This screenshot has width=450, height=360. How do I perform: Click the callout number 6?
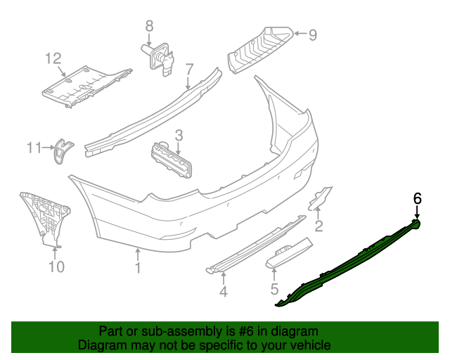click(x=417, y=199)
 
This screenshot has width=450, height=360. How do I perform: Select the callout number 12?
click(x=54, y=58)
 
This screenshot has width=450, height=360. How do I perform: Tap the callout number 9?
click(x=313, y=33)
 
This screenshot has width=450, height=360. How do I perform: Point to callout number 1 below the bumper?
click(x=138, y=268)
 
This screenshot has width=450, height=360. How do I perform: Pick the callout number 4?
click(x=223, y=291)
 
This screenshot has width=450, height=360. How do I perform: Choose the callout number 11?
click(x=34, y=148)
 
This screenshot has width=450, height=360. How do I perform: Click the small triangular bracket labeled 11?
click(x=63, y=150)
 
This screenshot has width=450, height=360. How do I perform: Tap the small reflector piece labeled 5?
click(x=289, y=252)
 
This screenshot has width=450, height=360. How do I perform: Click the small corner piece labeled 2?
click(x=320, y=198)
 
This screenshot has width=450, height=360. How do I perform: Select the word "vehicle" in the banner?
click(x=308, y=345)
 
